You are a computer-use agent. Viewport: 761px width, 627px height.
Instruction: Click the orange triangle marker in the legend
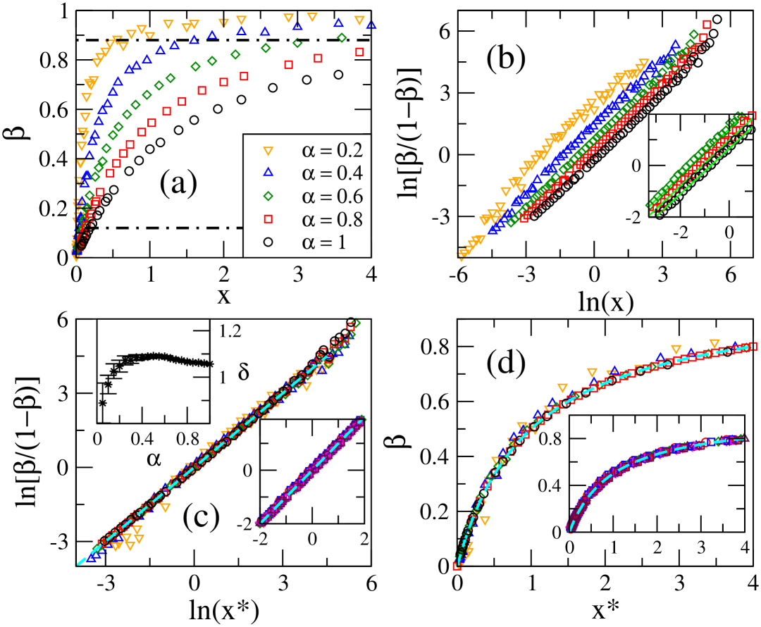point(268,150)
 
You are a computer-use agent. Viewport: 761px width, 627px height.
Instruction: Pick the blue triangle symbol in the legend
point(268,173)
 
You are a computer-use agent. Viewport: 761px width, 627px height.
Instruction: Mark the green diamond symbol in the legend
point(268,196)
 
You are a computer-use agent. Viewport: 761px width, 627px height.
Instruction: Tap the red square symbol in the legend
point(268,219)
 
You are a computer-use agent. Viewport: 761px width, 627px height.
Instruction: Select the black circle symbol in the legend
point(268,242)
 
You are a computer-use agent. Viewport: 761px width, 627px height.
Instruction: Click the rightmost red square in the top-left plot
point(360,51)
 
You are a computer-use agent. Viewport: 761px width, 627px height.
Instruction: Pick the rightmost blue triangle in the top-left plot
point(371,25)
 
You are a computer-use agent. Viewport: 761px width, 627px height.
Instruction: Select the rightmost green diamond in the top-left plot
point(342,37)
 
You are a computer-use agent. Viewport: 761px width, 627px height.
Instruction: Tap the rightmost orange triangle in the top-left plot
point(359,20)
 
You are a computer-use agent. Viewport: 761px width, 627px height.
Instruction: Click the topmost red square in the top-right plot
point(706,25)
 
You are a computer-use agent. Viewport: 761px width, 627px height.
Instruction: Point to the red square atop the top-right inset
point(751,116)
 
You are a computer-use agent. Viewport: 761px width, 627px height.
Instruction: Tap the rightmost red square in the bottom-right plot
point(752,346)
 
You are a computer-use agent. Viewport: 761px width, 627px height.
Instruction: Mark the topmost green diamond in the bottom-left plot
point(356,323)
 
